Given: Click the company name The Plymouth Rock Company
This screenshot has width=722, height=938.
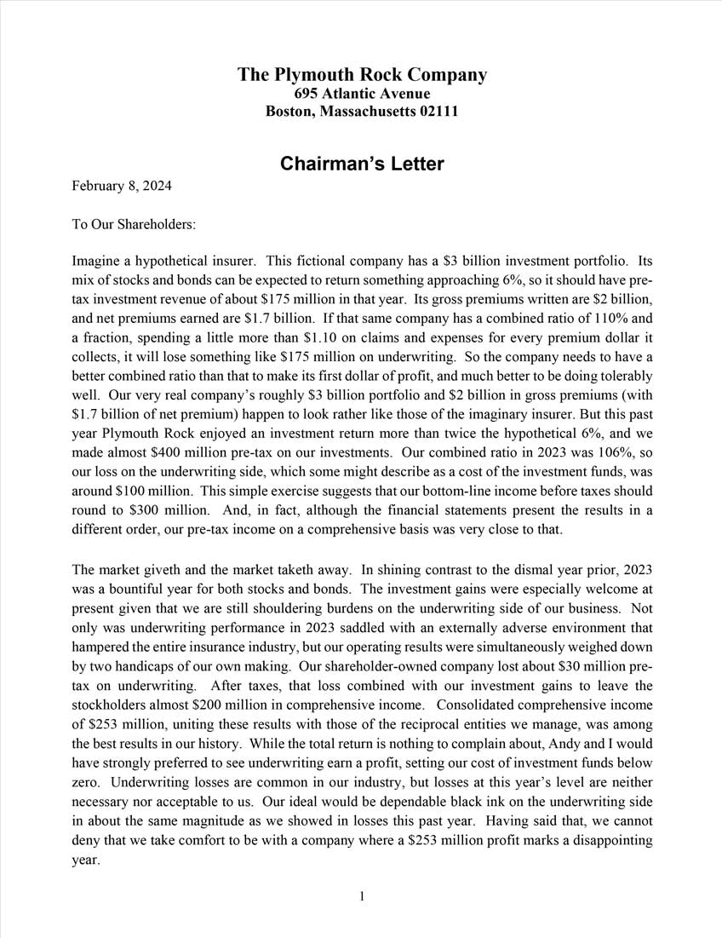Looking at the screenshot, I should [x=362, y=75].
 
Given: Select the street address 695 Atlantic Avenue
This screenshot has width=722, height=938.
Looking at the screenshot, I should [x=362, y=94].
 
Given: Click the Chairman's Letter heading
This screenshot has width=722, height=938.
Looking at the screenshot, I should [x=362, y=164].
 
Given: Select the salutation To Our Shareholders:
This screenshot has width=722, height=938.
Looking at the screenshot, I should [x=134, y=225].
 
